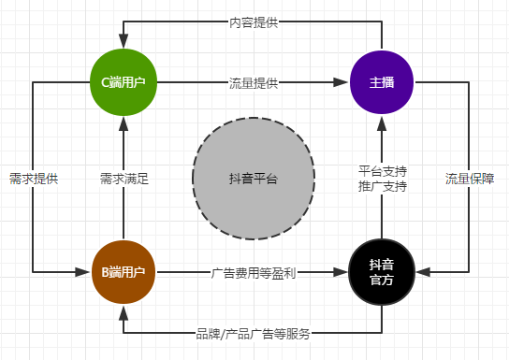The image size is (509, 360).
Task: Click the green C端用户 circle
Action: (x=124, y=82)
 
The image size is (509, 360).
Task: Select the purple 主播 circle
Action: (x=382, y=82)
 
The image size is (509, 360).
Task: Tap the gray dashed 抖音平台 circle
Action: (x=253, y=178)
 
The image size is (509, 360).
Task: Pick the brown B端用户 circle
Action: (x=124, y=272)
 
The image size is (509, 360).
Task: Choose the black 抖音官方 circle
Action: (x=382, y=272)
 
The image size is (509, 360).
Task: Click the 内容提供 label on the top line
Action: (x=253, y=22)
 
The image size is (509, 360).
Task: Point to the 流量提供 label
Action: (x=253, y=83)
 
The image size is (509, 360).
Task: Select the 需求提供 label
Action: (x=34, y=178)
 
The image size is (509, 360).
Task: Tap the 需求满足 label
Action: (x=124, y=178)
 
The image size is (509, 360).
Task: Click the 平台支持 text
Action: (x=382, y=170)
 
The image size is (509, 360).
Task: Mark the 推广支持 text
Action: (x=382, y=186)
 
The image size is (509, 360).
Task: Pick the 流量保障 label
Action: (x=469, y=178)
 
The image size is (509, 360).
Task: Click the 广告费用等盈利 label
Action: (x=253, y=273)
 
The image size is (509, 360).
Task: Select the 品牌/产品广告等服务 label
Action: (x=253, y=333)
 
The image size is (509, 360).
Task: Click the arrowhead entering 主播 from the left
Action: (x=342, y=83)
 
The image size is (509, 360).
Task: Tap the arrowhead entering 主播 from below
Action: (x=382, y=121)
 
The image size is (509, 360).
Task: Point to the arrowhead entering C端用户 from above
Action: (x=124, y=43)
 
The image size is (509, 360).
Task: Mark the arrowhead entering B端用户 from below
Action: (x=124, y=311)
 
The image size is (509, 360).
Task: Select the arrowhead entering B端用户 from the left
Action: (x=84, y=272)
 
